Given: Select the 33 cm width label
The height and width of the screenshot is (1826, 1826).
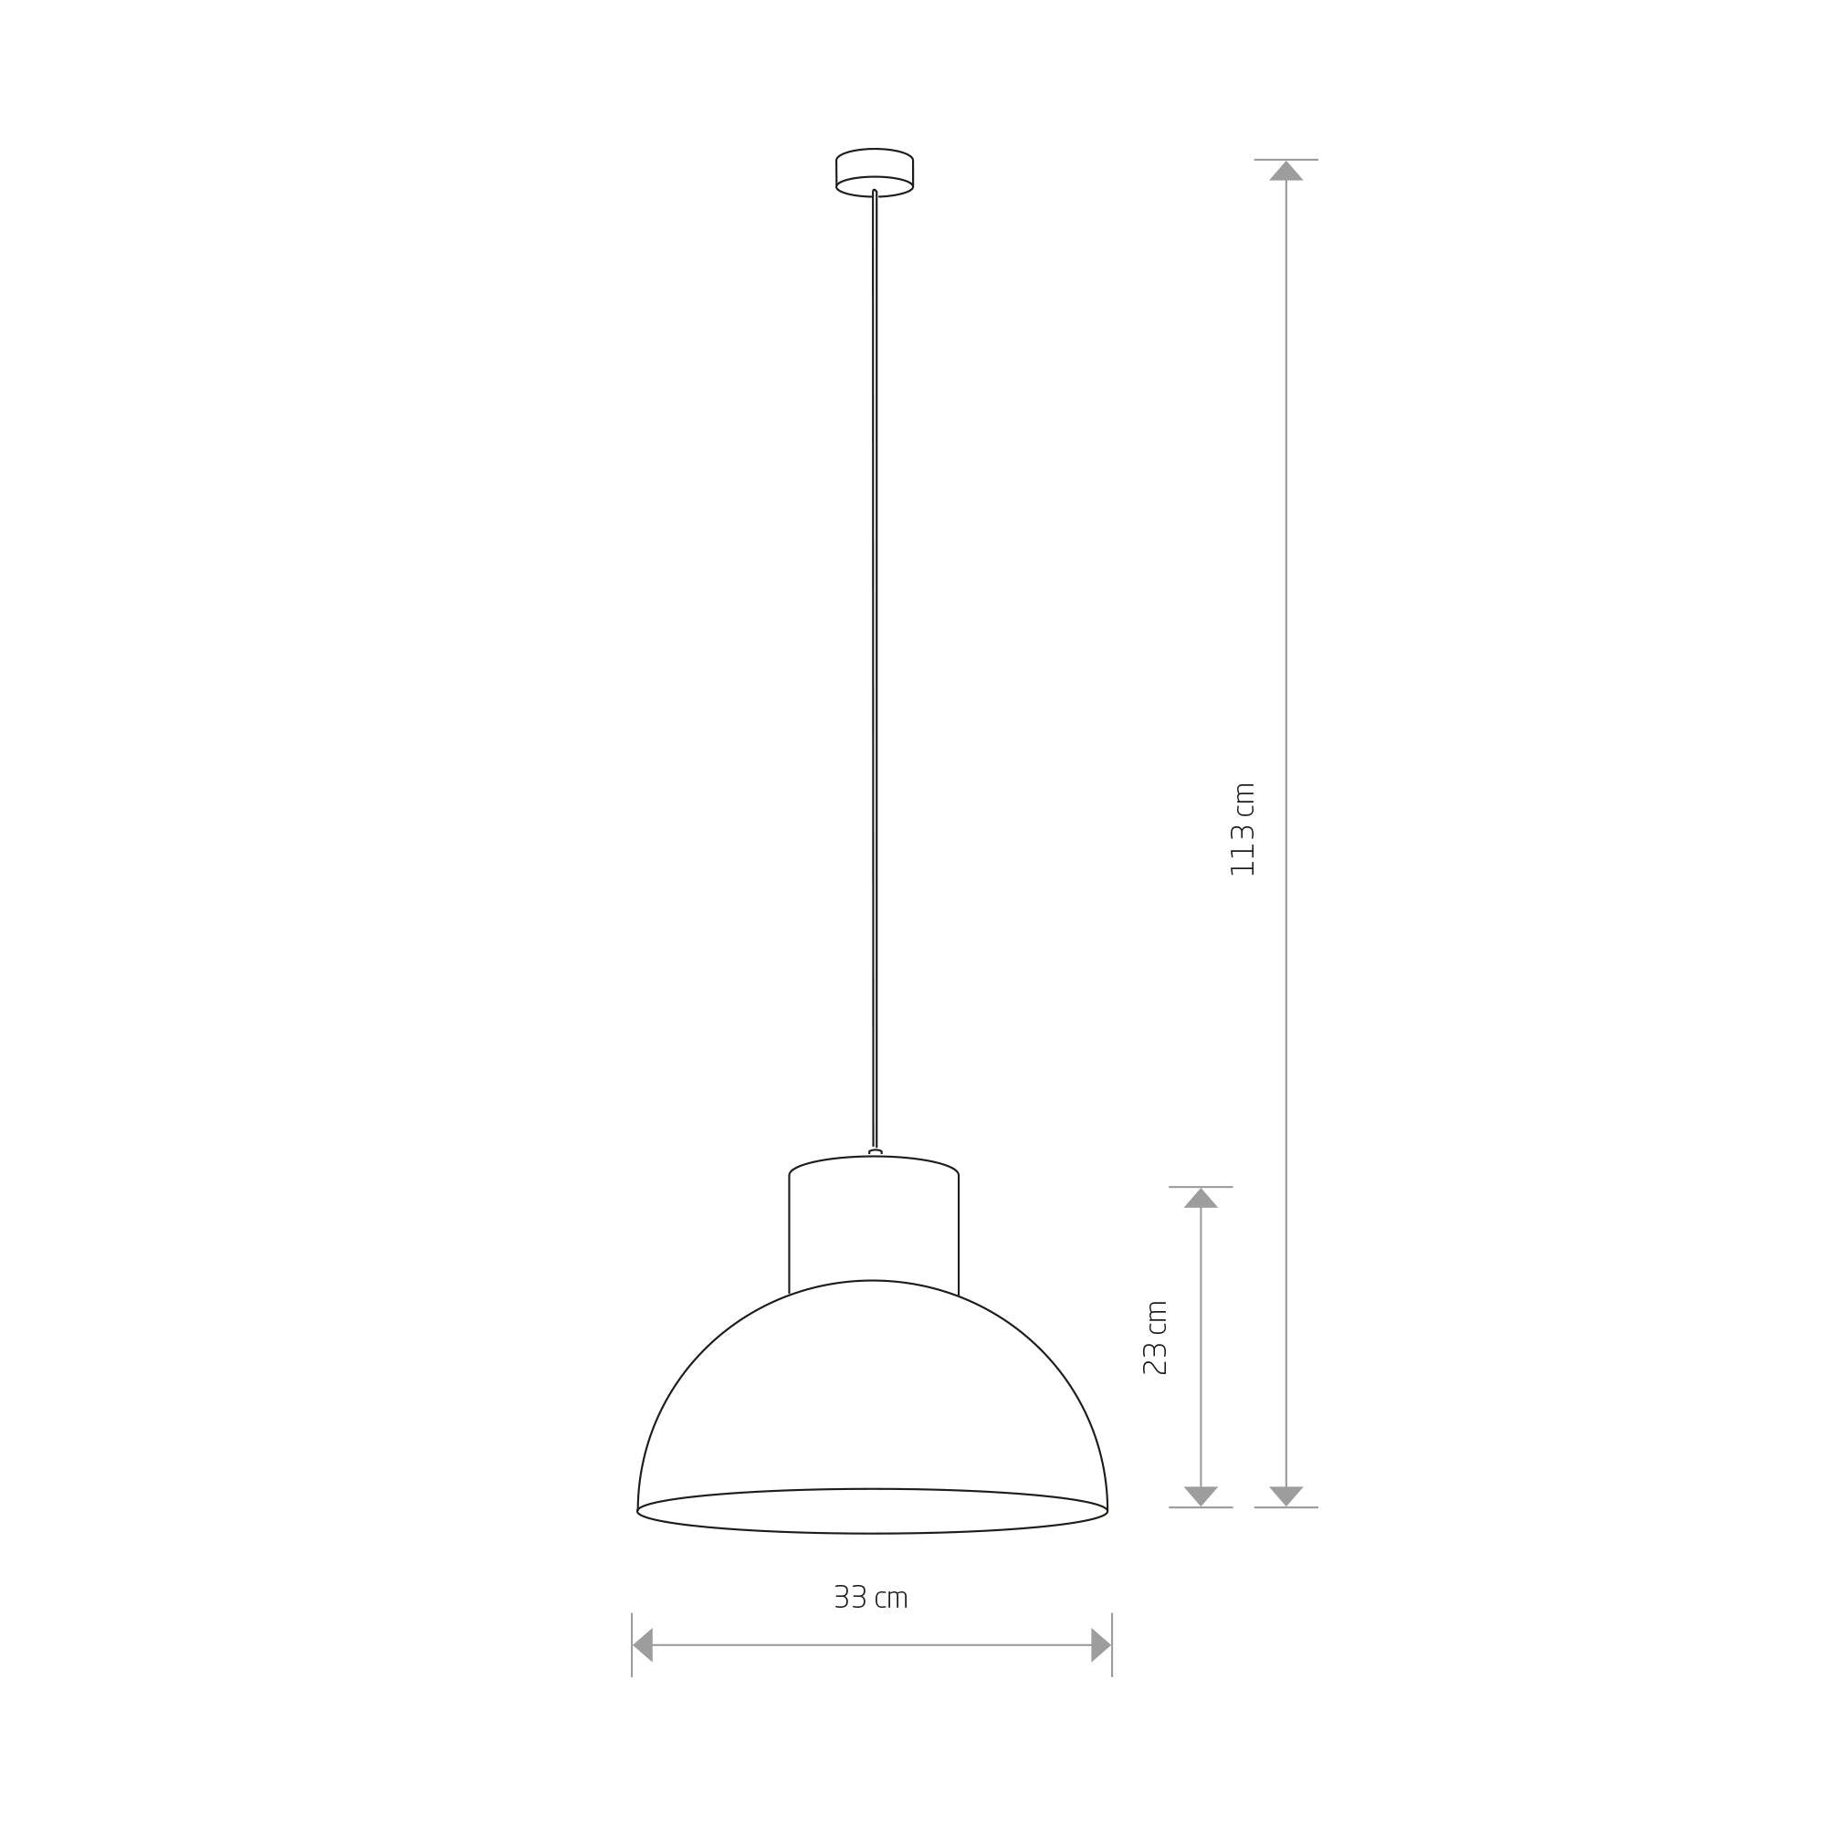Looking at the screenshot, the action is pos(870,1597).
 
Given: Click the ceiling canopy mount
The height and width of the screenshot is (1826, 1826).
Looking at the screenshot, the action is pos(875,172).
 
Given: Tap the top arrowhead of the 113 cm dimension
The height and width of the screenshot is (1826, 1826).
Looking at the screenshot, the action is pos(1286,171).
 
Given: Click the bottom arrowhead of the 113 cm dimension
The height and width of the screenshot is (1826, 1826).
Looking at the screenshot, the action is pos(1286,1496).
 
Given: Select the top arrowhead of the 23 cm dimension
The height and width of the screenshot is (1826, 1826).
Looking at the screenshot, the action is pos(1201,1198).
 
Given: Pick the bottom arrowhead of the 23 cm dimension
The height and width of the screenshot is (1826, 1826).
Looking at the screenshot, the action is pos(1201,1496).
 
